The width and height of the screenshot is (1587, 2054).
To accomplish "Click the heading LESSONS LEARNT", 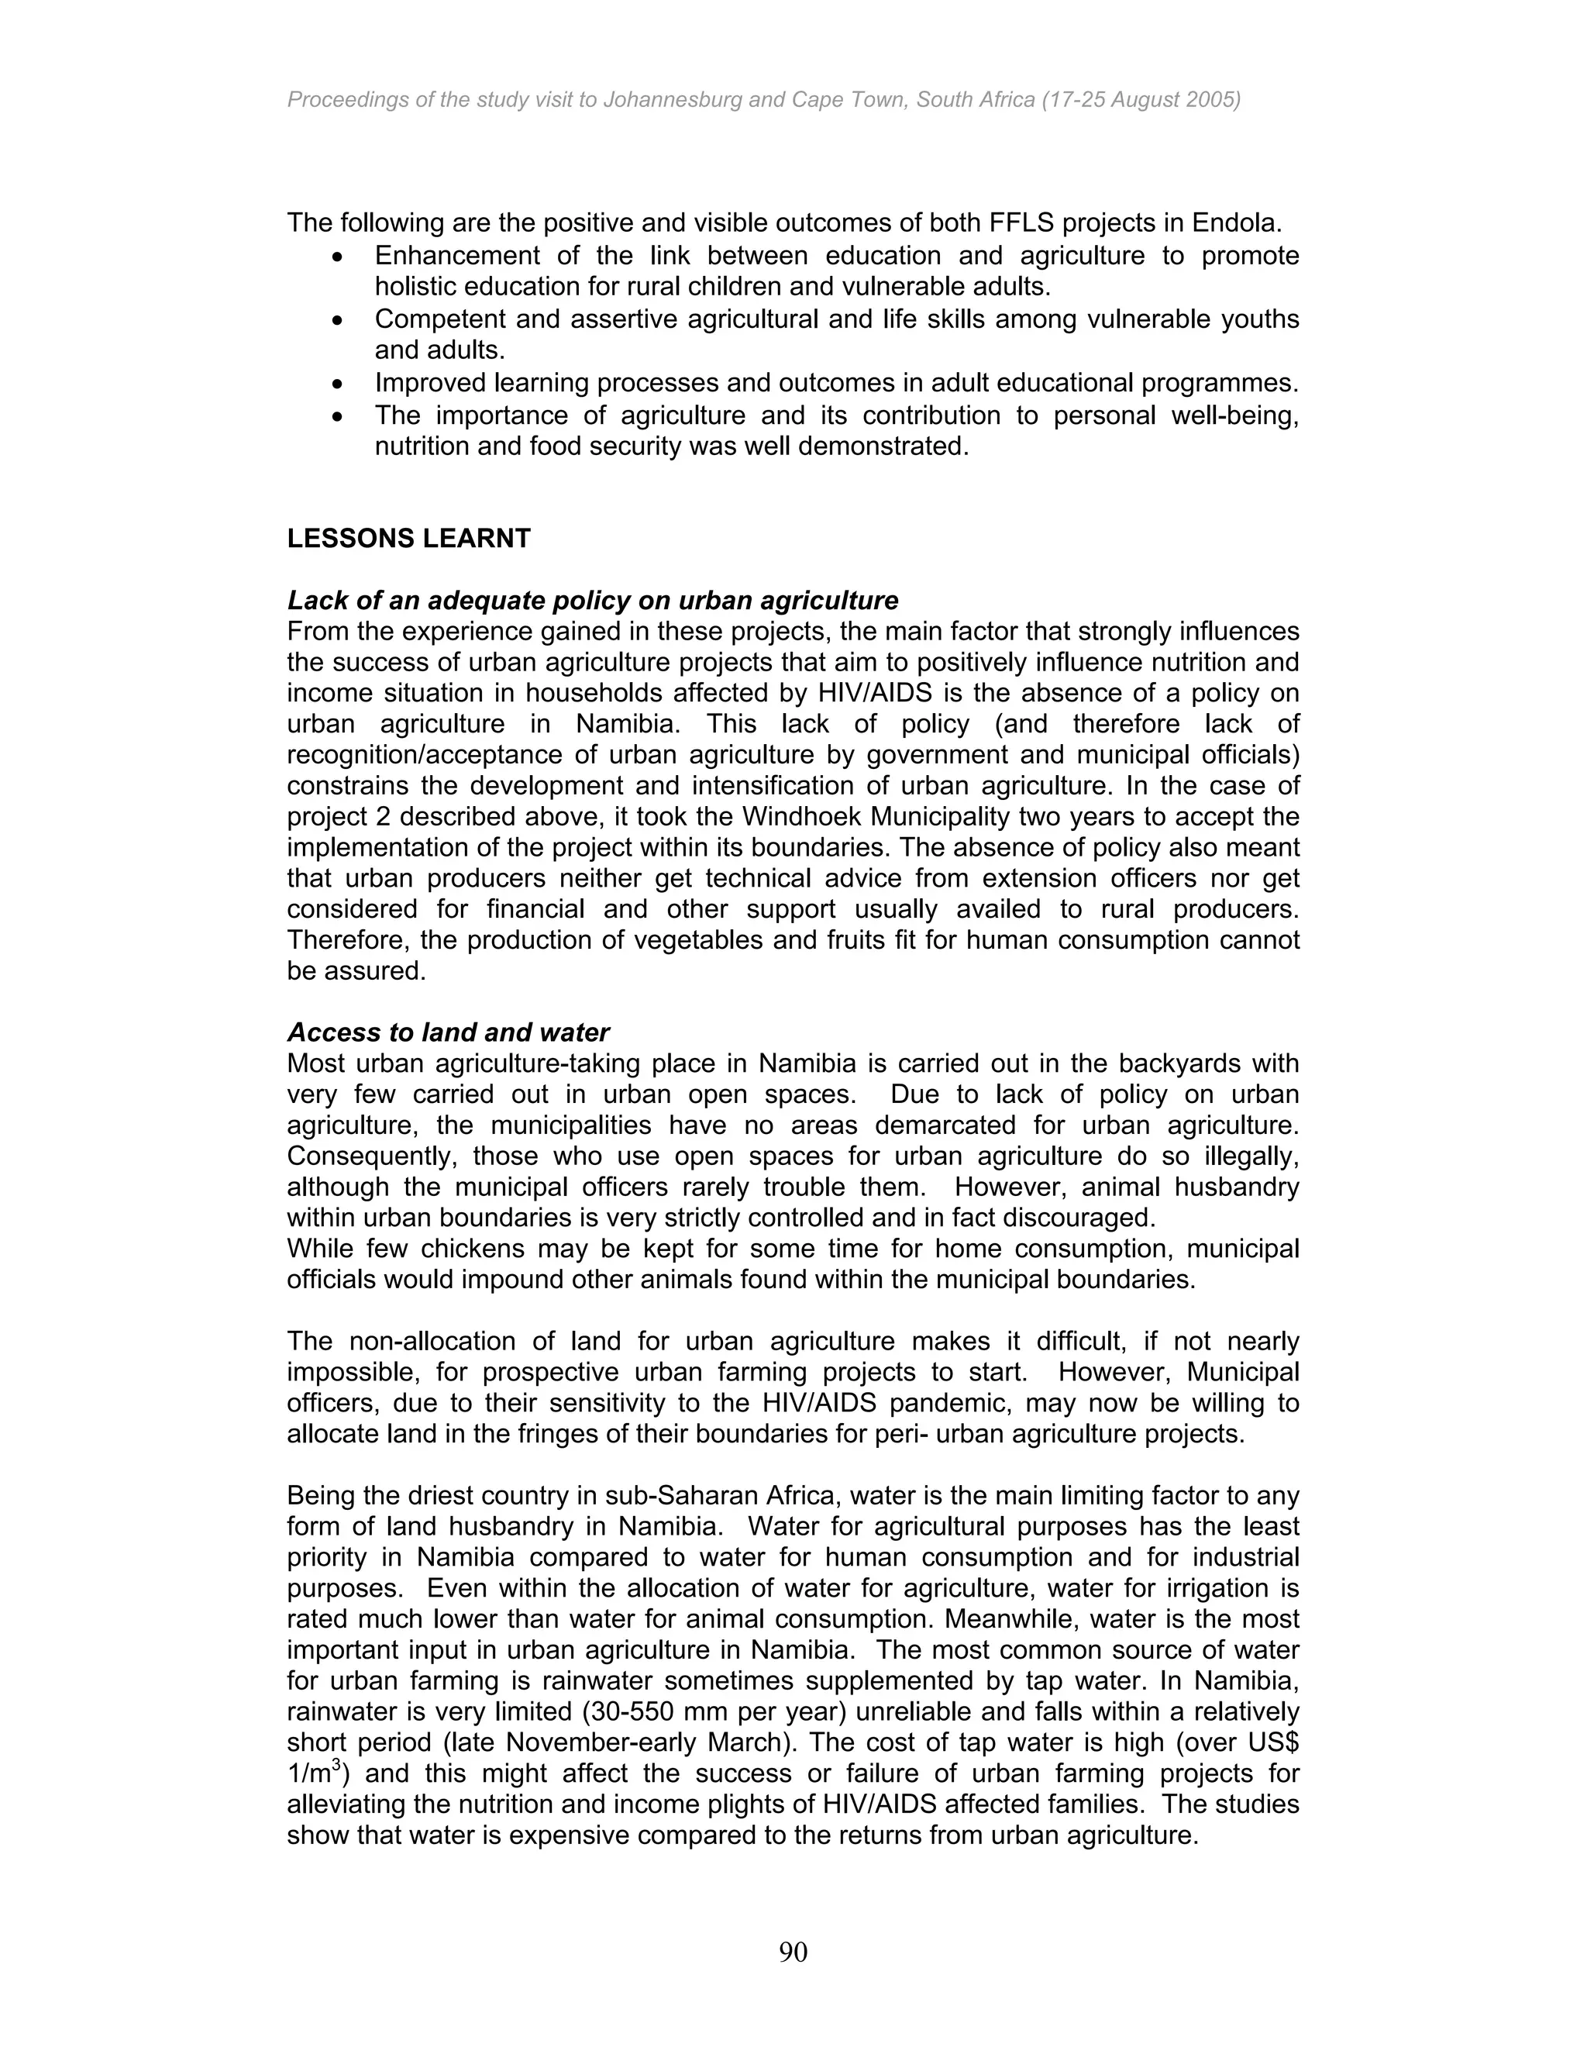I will [409, 539].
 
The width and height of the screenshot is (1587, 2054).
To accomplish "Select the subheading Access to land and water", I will [449, 1032].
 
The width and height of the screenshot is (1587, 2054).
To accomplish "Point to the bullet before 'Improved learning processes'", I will [339, 384].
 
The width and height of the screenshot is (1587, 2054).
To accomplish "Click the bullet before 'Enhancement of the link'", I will [339, 257].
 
